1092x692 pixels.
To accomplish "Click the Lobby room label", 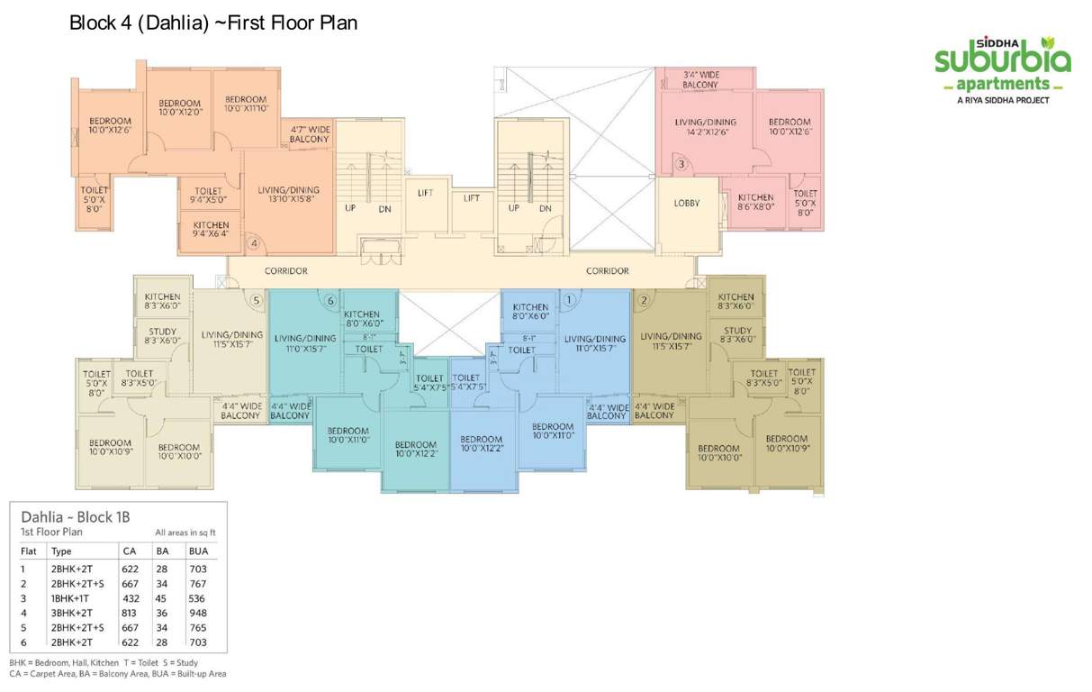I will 686,204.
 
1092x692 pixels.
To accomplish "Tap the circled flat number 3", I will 681,164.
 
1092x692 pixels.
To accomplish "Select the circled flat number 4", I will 255,242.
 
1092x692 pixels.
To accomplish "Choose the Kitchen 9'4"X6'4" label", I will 211,230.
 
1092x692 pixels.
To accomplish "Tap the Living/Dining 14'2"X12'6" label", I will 705,127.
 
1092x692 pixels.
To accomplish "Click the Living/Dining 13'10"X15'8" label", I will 288,196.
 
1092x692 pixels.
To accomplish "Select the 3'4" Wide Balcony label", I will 700,79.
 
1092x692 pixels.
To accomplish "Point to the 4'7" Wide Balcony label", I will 310,135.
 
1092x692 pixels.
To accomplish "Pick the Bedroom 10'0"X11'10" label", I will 246,104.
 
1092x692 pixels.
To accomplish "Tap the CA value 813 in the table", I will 131,613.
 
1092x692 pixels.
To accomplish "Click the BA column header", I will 162,551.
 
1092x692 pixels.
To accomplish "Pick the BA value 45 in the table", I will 161,598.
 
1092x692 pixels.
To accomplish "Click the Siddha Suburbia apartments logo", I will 1002,69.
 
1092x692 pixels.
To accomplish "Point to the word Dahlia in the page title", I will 169,23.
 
